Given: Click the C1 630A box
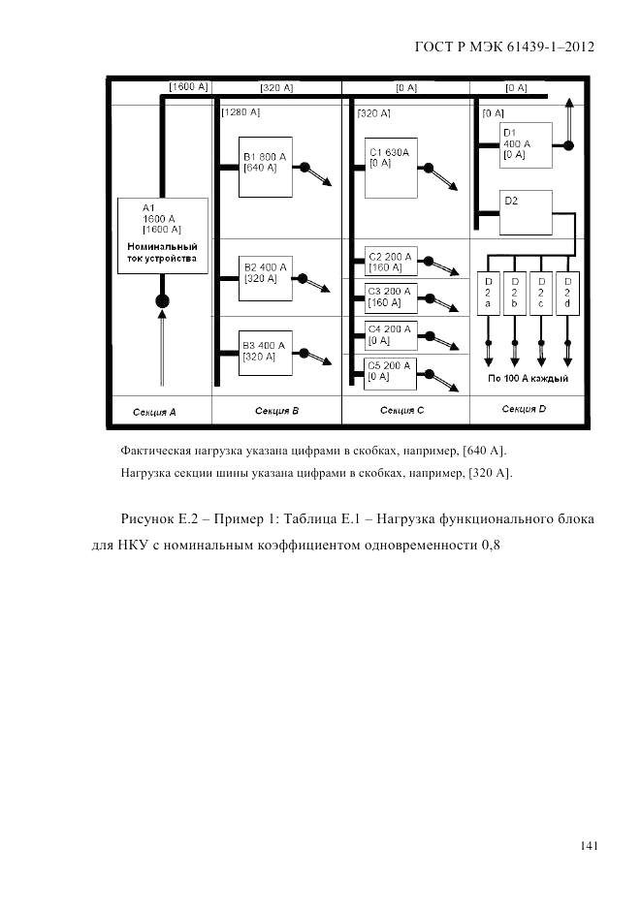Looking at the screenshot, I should (392, 167).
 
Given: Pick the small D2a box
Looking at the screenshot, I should (488, 293).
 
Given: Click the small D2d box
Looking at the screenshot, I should (567, 293).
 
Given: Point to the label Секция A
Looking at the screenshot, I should (154, 412).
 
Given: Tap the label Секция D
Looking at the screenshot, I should (524, 410).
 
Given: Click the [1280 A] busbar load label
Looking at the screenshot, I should (240, 113).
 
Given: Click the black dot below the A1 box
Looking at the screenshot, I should (163, 300).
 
